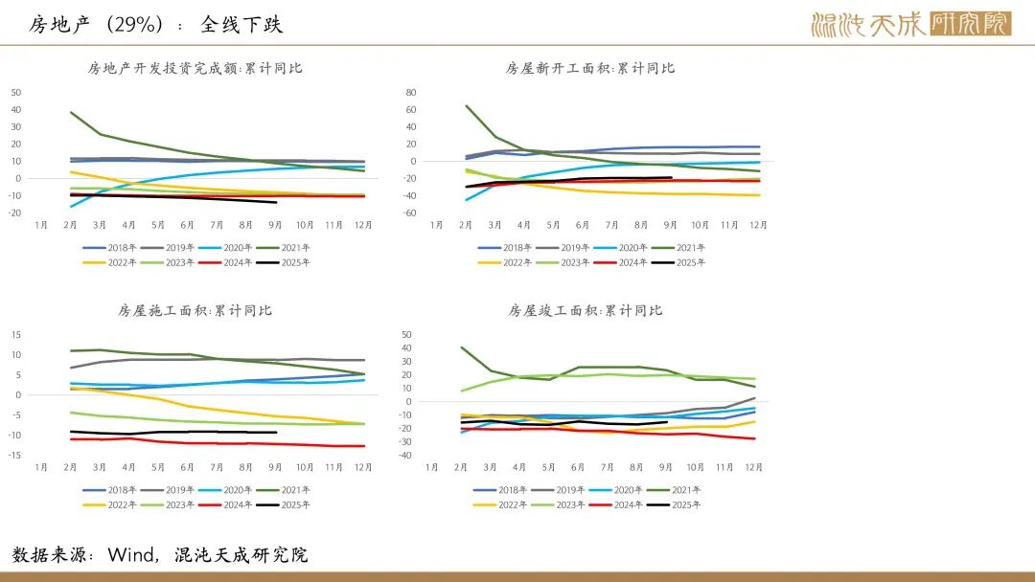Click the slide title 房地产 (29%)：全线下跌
(155, 24)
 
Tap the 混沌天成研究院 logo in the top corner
(909, 24)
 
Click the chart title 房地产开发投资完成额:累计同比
(195, 68)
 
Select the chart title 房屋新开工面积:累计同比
(589, 68)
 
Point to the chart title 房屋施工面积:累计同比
(195, 310)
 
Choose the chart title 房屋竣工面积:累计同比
(585, 310)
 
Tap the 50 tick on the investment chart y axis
(16, 92)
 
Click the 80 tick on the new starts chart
(410, 92)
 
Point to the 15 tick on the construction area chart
(16, 334)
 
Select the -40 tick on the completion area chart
(405, 455)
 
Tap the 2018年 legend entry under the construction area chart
(114, 490)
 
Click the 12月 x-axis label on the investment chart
(362, 225)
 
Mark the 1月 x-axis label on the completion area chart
(432, 467)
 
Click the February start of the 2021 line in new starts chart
(466, 106)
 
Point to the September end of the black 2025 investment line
(276, 202)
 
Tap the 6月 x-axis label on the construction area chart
(188, 467)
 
